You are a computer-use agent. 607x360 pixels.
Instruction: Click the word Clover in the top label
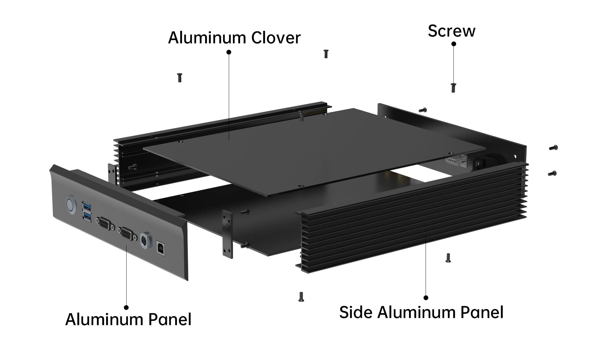[276, 38]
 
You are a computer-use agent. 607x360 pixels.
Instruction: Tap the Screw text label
[451, 31]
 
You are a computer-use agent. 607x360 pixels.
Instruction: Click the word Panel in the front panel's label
[170, 319]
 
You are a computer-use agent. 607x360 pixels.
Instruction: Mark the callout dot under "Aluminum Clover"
[229, 52]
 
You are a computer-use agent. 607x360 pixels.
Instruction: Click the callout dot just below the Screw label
[453, 44]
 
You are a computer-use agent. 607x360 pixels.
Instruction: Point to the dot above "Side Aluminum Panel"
[426, 297]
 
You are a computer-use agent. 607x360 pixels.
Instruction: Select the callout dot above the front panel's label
[126, 308]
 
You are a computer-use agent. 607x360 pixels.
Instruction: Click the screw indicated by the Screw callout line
[453, 88]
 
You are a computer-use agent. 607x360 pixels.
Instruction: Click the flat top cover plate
[314, 151]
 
